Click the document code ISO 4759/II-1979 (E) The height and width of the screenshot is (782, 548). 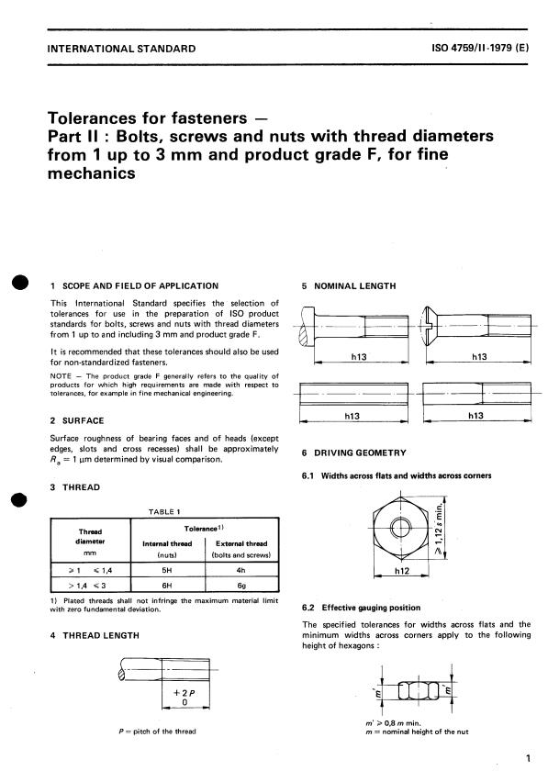(x=480, y=49)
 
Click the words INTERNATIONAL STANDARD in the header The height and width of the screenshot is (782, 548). (x=121, y=49)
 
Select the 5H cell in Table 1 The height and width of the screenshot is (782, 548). (x=167, y=570)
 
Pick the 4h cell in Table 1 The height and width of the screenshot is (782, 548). (x=241, y=570)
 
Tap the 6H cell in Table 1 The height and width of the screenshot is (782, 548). (x=167, y=585)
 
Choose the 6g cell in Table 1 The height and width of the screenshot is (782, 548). (x=241, y=585)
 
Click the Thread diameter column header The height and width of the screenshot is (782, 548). (x=90, y=542)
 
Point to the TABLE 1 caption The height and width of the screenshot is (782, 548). (x=164, y=511)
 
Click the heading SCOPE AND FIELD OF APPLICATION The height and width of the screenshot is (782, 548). (x=140, y=286)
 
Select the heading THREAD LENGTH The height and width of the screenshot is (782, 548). (x=101, y=635)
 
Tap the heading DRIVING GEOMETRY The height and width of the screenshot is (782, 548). (x=360, y=452)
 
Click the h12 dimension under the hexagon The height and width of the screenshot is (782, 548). (x=401, y=571)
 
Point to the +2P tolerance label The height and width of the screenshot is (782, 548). (x=184, y=693)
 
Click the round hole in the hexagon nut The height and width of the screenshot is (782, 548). (x=401, y=527)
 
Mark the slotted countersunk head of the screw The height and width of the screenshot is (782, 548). (x=431, y=326)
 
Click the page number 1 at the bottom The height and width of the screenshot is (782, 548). (x=528, y=758)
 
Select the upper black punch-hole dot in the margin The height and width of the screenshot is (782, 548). (x=21, y=282)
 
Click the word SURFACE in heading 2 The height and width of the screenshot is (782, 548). (x=84, y=421)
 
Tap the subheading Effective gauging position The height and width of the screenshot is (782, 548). (x=371, y=608)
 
